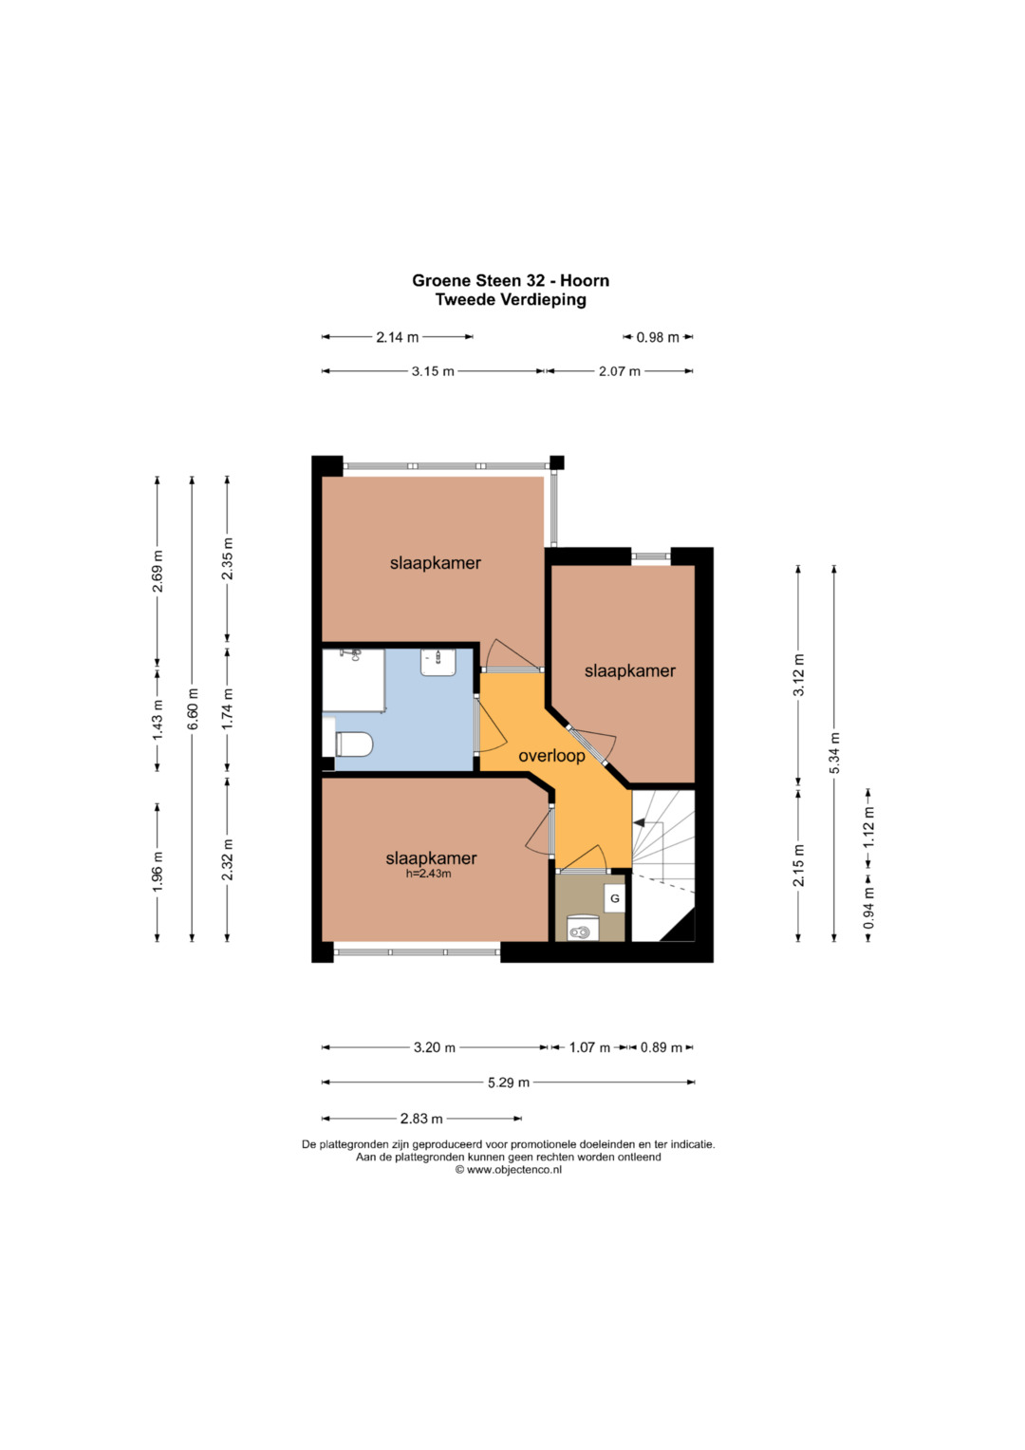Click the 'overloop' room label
point(551,756)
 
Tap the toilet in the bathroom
point(354,744)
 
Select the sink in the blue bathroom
point(438,662)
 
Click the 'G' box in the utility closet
point(615,898)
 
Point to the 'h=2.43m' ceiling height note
point(428,874)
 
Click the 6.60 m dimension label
point(192,708)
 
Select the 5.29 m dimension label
point(509,1083)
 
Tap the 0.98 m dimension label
point(658,337)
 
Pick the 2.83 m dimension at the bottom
point(421,1119)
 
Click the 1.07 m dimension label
point(589,1047)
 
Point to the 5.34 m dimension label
point(834,753)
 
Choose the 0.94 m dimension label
point(868,908)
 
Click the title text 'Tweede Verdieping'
point(511,300)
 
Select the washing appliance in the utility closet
point(580,927)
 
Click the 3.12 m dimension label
point(798,674)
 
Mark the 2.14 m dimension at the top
point(398,337)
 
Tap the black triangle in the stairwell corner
point(679,926)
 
